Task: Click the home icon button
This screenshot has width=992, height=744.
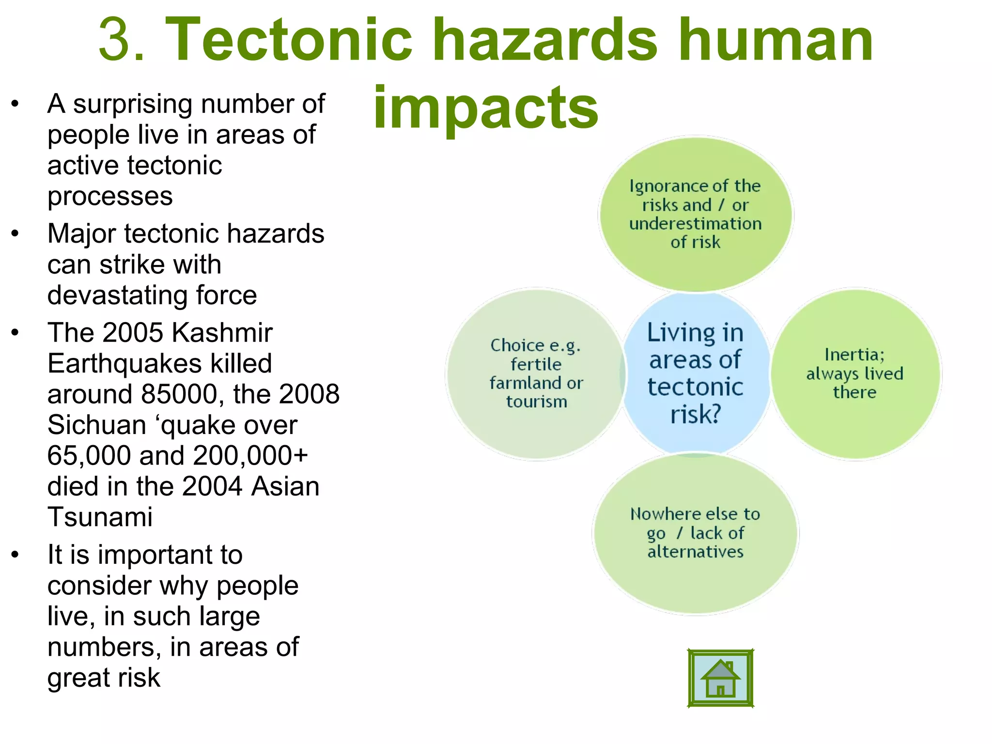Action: [720, 679]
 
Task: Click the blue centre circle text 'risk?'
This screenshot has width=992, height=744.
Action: [696, 414]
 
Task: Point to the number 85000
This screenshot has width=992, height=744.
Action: [179, 394]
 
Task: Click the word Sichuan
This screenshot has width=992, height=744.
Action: [97, 425]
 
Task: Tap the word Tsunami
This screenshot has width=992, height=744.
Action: [100, 517]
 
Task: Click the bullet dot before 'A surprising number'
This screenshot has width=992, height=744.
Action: [15, 104]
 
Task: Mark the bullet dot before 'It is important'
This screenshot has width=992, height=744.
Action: [15, 555]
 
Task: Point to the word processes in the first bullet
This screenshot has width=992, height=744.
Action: [110, 196]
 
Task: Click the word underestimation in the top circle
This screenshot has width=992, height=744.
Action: [696, 224]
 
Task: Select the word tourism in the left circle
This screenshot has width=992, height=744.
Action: [537, 402]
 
